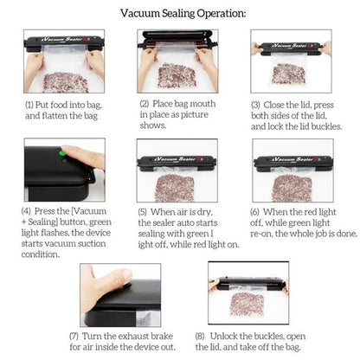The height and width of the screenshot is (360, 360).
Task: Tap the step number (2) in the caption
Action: tap(145, 104)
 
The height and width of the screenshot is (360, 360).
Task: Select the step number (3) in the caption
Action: tap(257, 104)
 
